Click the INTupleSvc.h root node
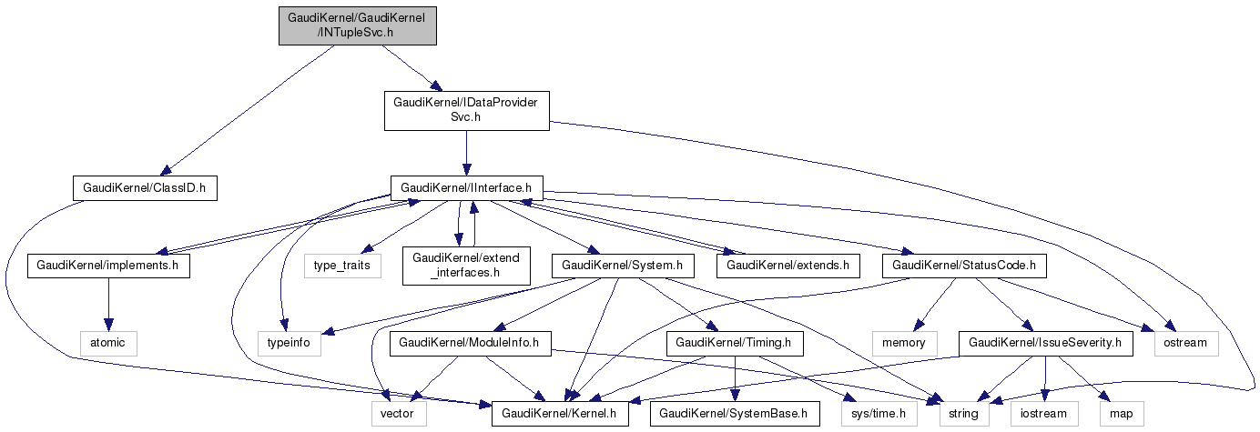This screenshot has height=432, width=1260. pos(358,25)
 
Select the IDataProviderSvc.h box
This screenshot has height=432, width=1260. pos(465,110)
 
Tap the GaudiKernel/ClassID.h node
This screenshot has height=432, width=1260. pos(146,188)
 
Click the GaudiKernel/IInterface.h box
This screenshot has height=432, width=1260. pos(466,188)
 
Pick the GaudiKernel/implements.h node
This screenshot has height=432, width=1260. pos(108,266)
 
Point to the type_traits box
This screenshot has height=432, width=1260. pos(342,266)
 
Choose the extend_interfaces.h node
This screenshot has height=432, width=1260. pos(465,266)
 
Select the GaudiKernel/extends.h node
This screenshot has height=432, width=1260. pos(788,266)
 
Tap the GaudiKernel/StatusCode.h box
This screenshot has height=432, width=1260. pos(964,266)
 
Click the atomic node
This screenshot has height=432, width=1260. pos(108,343)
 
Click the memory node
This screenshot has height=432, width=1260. pos(903,343)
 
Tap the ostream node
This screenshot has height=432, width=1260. pos(1184,343)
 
